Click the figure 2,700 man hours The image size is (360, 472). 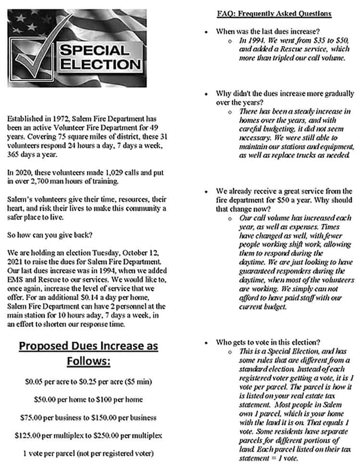[x=36, y=181]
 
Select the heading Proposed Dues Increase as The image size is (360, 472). [x=88, y=346]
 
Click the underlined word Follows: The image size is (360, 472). [x=88, y=361]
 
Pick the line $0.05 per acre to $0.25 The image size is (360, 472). [x=88, y=382]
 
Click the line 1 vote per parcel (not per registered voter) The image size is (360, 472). [x=88, y=453]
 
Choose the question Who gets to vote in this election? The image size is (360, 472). [x=268, y=342]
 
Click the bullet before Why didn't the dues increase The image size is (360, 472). [x=206, y=94]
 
